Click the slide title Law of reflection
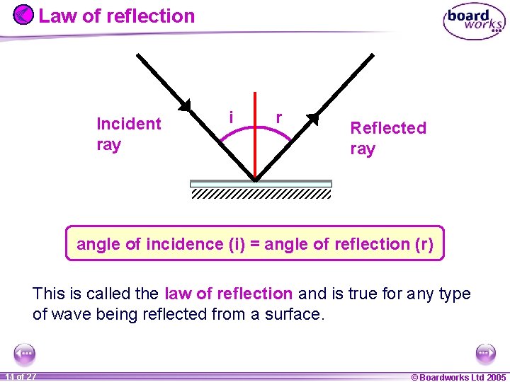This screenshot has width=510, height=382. pyautogui.click(x=116, y=16)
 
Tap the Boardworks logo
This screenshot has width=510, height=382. pyautogui.click(x=474, y=22)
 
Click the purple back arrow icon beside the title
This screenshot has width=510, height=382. pyautogui.click(x=23, y=15)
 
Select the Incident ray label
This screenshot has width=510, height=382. pyautogui.click(x=128, y=134)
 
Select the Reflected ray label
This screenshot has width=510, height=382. pyautogui.click(x=388, y=138)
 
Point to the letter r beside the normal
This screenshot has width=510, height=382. pyautogui.click(x=279, y=117)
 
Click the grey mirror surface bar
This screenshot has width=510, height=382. pyautogui.click(x=261, y=183)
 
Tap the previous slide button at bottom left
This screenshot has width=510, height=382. pyautogui.click(x=24, y=353)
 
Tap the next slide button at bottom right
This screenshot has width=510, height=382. pyautogui.click(x=485, y=353)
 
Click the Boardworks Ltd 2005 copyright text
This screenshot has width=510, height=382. pyautogui.click(x=458, y=377)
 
